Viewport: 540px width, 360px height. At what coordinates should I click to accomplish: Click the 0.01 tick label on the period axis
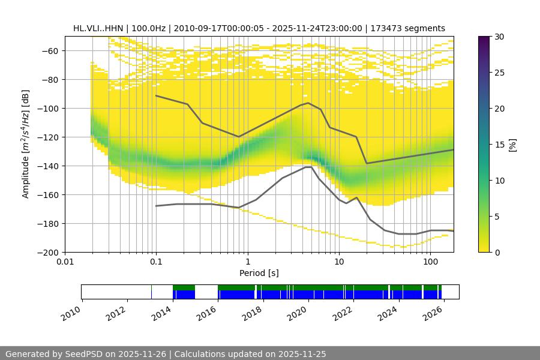pos(65,262)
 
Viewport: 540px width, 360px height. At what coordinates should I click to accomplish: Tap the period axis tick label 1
pos(247,262)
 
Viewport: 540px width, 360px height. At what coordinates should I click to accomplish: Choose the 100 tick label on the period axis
pos(430,262)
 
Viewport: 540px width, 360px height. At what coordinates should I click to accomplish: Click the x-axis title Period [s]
pos(259,273)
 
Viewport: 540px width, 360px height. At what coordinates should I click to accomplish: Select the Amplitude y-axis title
pos(25,144)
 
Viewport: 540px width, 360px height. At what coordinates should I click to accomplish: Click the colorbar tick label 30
pos(499,37)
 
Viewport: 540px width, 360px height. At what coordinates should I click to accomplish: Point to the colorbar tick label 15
pos(499,145)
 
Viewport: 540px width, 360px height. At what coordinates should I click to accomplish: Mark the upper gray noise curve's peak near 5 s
pos(308,103)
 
